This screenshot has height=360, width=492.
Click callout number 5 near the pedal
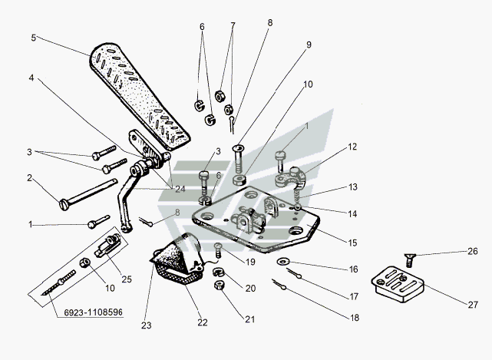coord(34,36)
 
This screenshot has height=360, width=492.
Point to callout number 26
coord(473,251)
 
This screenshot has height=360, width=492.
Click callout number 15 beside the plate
coord(353,243)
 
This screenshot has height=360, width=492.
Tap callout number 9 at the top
coord(309,45)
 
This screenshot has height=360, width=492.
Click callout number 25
coord(127,279)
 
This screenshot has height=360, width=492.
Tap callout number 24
coord(179,189)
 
